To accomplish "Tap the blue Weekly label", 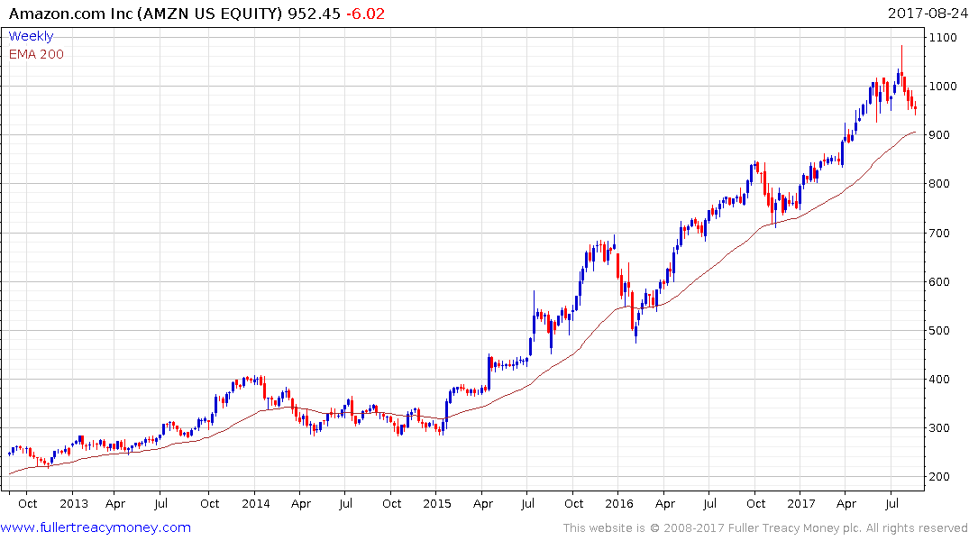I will (31, 36).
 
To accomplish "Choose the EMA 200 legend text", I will (36, 54).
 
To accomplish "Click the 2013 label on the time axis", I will (74, 503).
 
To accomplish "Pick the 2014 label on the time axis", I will (255, 503).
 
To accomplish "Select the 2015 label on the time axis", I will (437, 503).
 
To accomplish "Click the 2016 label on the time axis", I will (618, 503).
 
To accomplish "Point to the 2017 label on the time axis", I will (800, 503).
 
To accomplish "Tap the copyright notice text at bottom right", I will (765, 527).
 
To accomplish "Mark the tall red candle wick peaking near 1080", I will (901, 54).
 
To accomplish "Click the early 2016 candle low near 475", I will (635, 341).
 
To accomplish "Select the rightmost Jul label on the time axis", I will (891, 503).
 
